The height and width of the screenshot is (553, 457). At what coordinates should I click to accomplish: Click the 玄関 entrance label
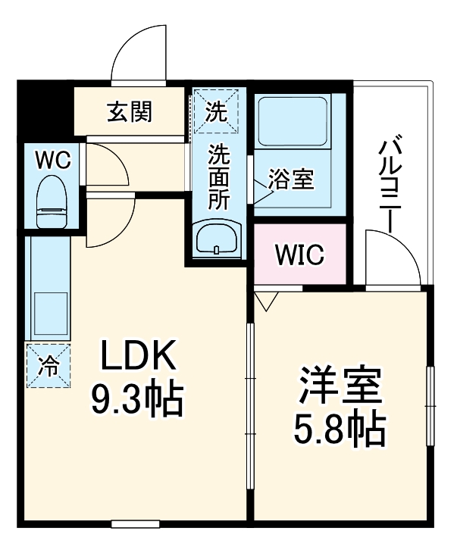click(x=130, y=113)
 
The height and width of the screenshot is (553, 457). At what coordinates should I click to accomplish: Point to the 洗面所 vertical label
click(x=219, y=176)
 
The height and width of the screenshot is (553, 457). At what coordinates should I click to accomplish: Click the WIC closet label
click(x=299, y=255)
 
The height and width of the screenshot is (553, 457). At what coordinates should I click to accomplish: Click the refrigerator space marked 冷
click(x=49, y=365)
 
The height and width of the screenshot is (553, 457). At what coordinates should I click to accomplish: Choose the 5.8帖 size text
click(x=339, y=430)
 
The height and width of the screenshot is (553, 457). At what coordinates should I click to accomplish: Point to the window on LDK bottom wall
click(x=135, y=523)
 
